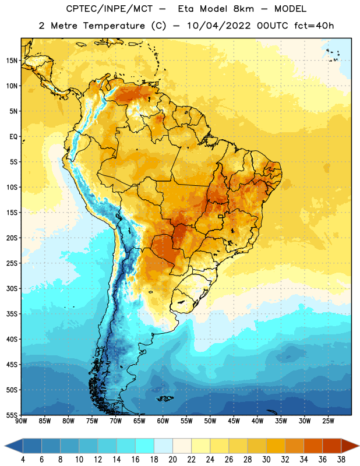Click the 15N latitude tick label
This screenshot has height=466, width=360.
tap(12, 61)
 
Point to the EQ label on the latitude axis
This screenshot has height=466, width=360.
tap(13, 137)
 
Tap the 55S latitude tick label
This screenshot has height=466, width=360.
tap(12, 415)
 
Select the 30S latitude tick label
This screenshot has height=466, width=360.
tap(12, 288)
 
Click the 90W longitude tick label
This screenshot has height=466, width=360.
tap(21, 421)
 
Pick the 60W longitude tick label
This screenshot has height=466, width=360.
tap(163, 421)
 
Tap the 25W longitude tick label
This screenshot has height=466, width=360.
tap(328, 421)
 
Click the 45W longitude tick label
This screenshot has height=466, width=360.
tap(234, 421)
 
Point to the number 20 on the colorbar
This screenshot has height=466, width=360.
tap(172, 460)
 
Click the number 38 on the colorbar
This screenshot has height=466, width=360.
tap(341, 460)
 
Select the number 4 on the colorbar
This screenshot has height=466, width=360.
tap(23, 460)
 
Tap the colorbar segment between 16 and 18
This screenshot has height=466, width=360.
tap(144, 446)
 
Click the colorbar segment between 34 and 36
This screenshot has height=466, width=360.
tap(313, 446)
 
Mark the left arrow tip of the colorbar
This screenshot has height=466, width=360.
tap(5, 446)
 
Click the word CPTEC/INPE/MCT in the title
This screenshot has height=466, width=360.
tap(109, 9)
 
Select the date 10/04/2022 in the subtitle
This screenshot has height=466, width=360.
tap(219, 26)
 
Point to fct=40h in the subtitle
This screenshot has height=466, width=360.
tap(314, 26)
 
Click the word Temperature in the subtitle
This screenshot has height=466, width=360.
tap(114, 26)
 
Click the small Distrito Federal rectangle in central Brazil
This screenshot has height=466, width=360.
tap(221, 216)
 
